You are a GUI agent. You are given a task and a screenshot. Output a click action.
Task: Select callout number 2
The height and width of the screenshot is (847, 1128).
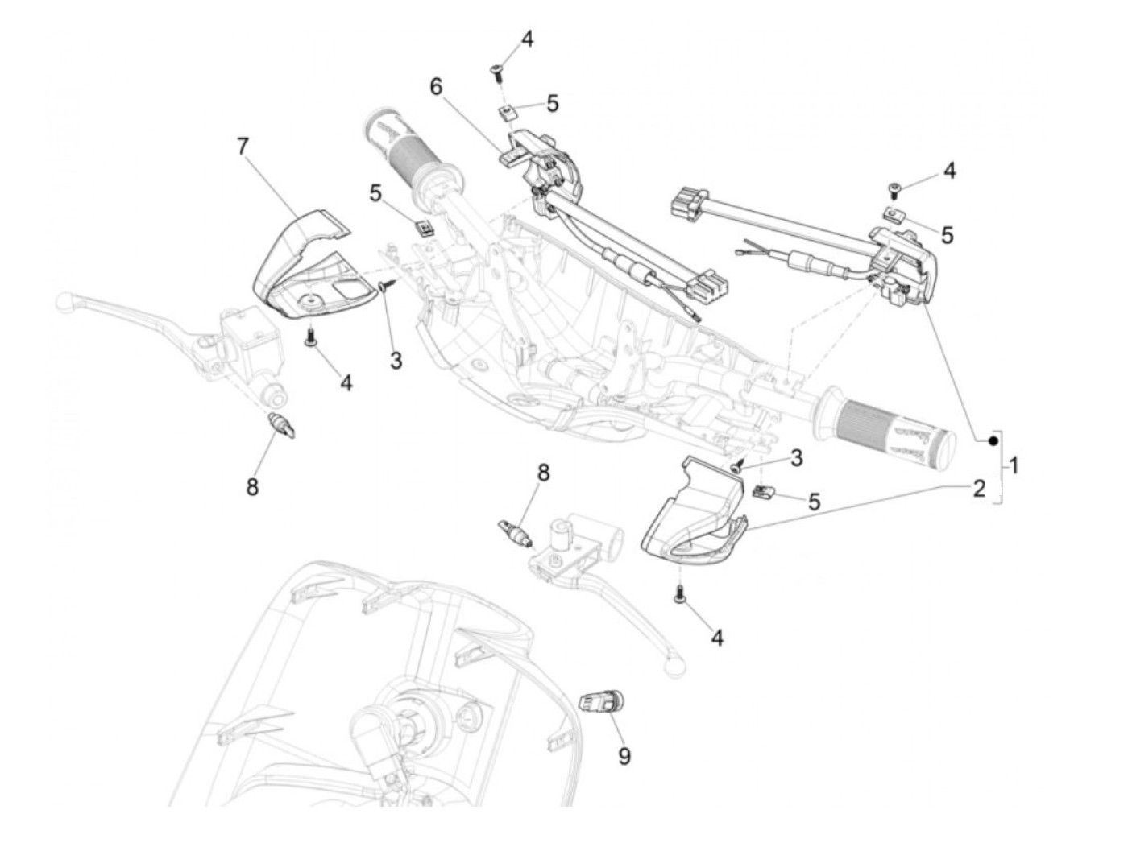tap(978, 488)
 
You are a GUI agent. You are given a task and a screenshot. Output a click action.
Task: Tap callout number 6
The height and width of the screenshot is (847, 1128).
tap(436, 86)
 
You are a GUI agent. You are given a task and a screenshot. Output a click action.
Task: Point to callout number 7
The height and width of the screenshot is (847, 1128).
tap(243, 146)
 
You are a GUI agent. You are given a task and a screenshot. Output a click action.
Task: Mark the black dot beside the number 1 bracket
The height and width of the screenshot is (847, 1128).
tap(992, 440)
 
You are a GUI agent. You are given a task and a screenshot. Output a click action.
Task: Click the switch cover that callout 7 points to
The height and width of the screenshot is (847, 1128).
tap(310, 266)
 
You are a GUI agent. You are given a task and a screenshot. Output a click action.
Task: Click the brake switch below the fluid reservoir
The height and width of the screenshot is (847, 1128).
tap(281, 424)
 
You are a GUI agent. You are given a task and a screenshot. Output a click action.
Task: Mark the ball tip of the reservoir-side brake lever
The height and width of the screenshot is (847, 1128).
tap(63, 304)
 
